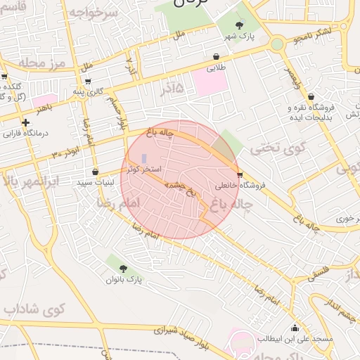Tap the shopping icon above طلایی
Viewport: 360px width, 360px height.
point(216,57)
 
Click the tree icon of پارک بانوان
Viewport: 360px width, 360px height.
point(124,268)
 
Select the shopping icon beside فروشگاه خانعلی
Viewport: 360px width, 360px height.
point(240,174)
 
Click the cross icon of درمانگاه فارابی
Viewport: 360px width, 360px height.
point(26,122)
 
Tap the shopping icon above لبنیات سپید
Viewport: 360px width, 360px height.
point(96,172)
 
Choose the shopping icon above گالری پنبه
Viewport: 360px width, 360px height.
point(87,81)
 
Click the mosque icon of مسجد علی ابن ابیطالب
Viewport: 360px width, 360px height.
point(295,328)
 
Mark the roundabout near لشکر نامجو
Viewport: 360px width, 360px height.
point(277,44)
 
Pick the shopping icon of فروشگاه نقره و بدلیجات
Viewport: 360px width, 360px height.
point(311,97)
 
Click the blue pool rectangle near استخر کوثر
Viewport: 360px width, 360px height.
point(145,159)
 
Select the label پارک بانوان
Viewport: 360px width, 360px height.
point(124,280)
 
